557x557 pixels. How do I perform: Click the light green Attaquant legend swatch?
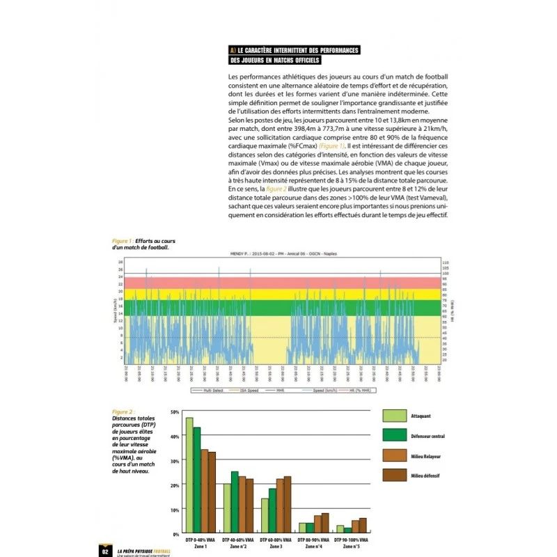pyautogui.click(x=393, y=416)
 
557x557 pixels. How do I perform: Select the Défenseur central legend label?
pyautogui.click(x=430, y=436)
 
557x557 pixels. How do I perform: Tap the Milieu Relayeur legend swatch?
pyautogui.click(x=393, y=455)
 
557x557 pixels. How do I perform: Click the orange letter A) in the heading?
pyautogui.click(x=233, y=50)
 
